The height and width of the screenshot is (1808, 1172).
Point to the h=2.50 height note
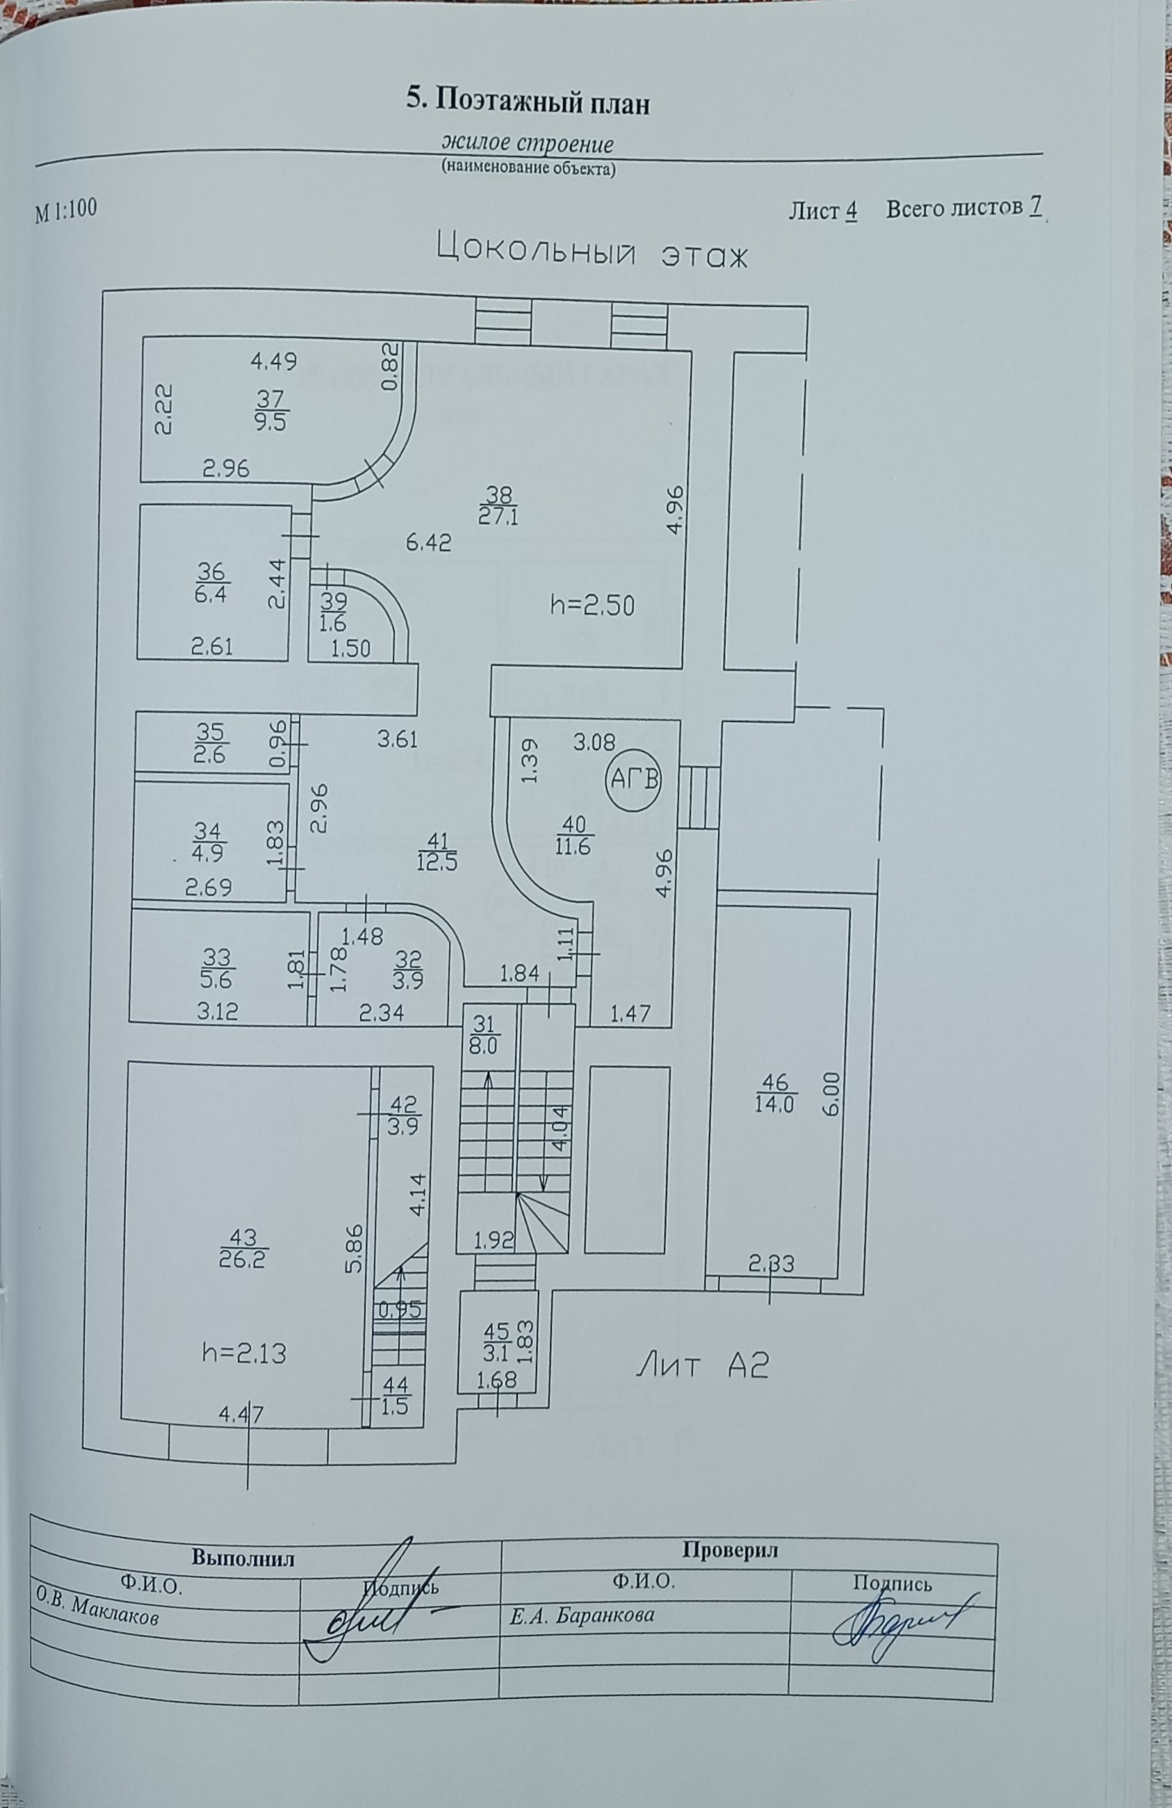point(592,605)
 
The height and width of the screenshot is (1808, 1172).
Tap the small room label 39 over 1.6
point(334,611)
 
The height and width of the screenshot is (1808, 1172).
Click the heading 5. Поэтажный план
point(529,101)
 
